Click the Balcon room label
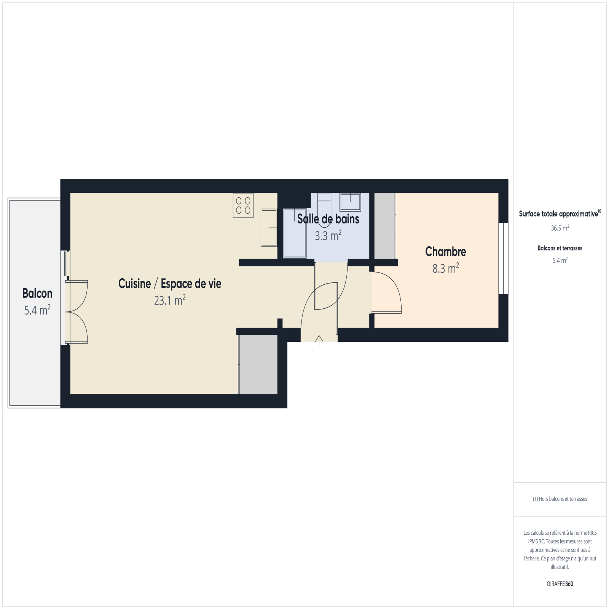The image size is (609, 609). pos(37,293)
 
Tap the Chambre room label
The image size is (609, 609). pos(446,252)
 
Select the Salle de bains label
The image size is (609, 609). pos(328,219)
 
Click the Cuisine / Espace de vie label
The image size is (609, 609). pos(170,284)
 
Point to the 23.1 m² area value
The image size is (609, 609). pos(170,300)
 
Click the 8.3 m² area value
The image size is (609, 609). pos(446,268)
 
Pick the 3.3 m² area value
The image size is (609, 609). pos(328,236)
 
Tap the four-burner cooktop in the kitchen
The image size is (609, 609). pos(243,206)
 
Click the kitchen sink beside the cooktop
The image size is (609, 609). pos(269,228)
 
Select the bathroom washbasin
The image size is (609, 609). pos(350,202)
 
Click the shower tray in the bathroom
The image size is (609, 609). pos(294,233)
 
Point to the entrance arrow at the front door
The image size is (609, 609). pos(319,341)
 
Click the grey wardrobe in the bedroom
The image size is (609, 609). pos(385,226)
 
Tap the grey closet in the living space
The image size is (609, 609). pos(258,365)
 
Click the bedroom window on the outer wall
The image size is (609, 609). pos(503,259)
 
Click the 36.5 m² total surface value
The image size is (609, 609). pos(560,228)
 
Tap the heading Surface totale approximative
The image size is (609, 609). pos(558,214)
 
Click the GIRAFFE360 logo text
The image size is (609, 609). pos(560,584)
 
